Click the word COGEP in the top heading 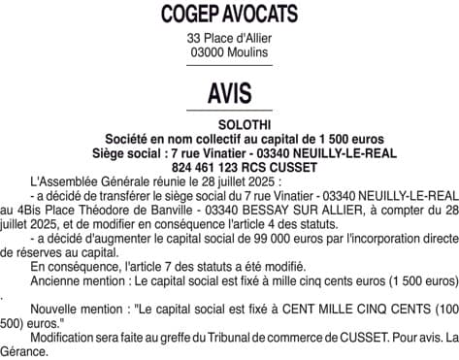(x=189, y=16)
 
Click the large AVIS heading (x=229, y=93)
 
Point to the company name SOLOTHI (x=229, y=125)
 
